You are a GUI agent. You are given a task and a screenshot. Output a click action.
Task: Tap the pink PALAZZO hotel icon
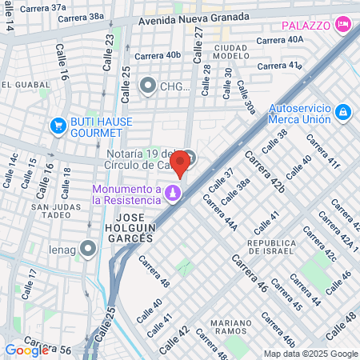click(x=342, y=25)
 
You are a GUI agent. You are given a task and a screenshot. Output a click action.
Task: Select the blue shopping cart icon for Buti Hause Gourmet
click(x=58, y=125)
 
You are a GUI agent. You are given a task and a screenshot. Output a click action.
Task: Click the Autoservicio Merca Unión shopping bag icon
click(x=342, y=112)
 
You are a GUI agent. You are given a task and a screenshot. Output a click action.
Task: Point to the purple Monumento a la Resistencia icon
click(x=172, y=194)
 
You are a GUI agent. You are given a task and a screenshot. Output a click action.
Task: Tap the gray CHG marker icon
click(x=147, y=85)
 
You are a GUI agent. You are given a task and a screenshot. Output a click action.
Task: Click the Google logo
click(x=26, y=350)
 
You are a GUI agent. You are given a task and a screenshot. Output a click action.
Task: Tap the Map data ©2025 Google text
click(x=311, y=354)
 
